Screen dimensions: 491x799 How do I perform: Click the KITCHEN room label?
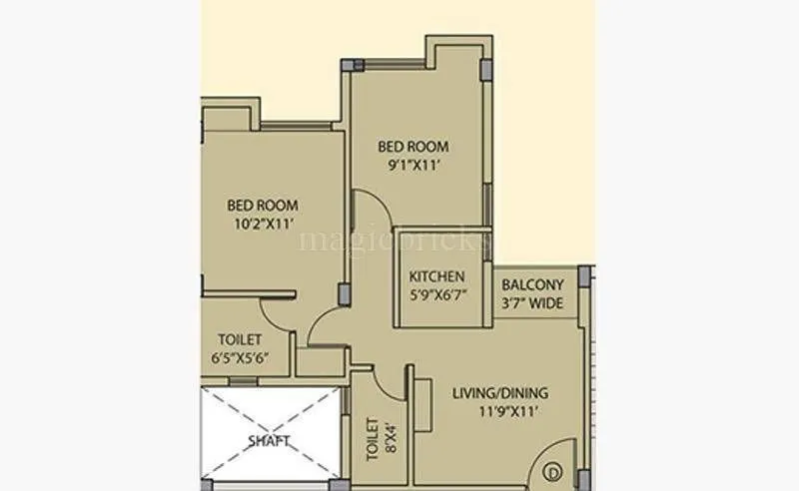click(x=437, y=276)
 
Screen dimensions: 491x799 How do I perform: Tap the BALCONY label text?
click(x=538, y=283)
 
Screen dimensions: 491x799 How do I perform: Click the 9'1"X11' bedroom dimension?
click(x=412, y=166)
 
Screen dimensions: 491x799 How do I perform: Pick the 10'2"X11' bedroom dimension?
click(x=262, y=224)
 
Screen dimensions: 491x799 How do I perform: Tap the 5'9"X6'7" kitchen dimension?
click(x=437, y=295)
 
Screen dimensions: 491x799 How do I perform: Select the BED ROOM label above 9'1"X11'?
click(x=412, y=147)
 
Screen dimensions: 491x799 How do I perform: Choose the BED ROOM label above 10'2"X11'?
click(x=262, y=206)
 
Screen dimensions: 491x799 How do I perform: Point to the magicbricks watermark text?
click(x=395, y=240)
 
